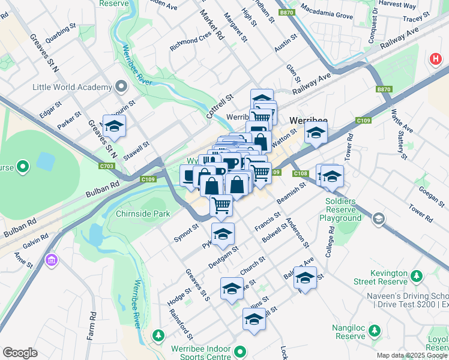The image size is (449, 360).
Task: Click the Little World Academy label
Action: (74, 87)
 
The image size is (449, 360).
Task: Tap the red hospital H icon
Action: (435, 59)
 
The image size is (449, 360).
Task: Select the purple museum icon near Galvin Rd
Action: (51, 260)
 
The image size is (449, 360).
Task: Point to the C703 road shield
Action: (107, 166)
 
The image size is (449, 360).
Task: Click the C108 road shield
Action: (301, 174)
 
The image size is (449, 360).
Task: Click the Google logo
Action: (20, 353)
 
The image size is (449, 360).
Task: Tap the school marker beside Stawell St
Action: (114, 126)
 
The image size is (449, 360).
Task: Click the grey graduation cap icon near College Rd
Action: (378, 219)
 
